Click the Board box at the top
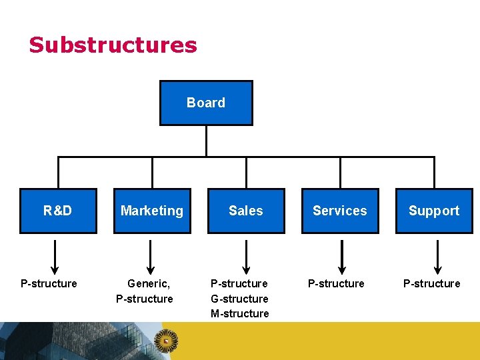[x=206, y=103]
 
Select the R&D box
[x=58, y=211]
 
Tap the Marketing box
[x=152, y=211]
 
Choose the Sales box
[x=246, y=211]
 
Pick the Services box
[x=340, y=211]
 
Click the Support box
[x=434, y=211]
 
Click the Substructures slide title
[x=113, y=45]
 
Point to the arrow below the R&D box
[x=55, y=257]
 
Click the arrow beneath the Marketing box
[x=151, y=257]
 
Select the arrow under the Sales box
[x=247, y=257]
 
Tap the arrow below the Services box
[x=342, y=257]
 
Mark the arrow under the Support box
[x=437, y=257]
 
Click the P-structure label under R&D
[x=49, y=283]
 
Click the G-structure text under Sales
[x=239, y=299]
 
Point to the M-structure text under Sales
[x=240, y=313]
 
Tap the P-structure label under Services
[x=336, y=283]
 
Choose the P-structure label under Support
[x=431, y=283]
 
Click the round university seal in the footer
[x=166, y=341]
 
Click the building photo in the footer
[x=67, y=341]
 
